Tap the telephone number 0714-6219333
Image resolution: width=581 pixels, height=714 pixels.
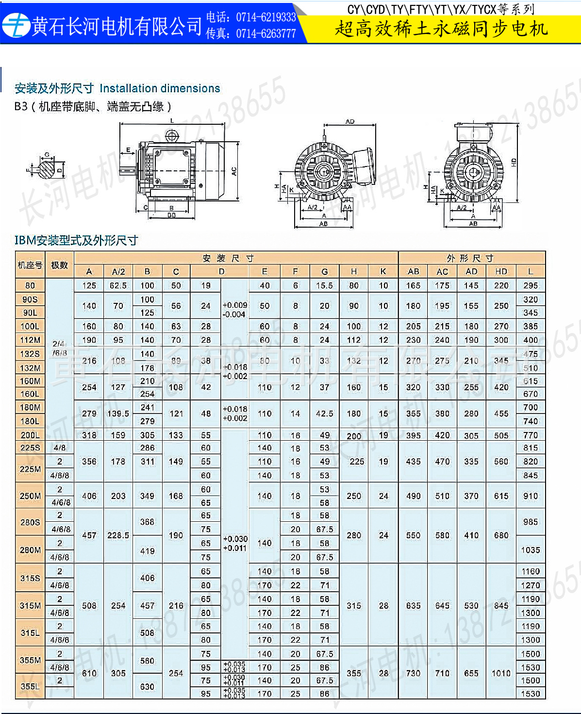pos(266,17)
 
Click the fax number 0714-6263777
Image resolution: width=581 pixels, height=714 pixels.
pos(266,33)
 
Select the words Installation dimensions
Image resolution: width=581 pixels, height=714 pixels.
pos(160,88)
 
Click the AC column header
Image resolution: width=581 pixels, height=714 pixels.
pos(442,271)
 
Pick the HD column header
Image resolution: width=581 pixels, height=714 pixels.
pos(501,271)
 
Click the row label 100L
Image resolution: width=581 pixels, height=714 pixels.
pos(30,326)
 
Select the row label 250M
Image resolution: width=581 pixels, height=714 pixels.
pos(30,496)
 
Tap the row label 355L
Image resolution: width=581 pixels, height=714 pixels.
pos(30,686)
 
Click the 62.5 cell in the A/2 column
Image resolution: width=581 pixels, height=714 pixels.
pos(118,285)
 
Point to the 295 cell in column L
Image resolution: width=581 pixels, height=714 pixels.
pos(531,285)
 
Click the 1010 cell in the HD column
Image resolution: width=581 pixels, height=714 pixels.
pos(501,673)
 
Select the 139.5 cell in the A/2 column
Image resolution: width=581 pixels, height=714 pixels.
pos(118,414)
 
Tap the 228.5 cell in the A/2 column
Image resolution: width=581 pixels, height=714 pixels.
pos(118,535)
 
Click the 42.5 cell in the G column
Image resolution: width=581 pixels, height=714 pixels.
pos(324,414)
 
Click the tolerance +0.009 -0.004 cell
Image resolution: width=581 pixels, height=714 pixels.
pos(235,310)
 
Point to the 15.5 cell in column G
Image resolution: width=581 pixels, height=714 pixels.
pos(324,285)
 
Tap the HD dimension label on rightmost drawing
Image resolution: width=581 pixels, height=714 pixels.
pos(514,163)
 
